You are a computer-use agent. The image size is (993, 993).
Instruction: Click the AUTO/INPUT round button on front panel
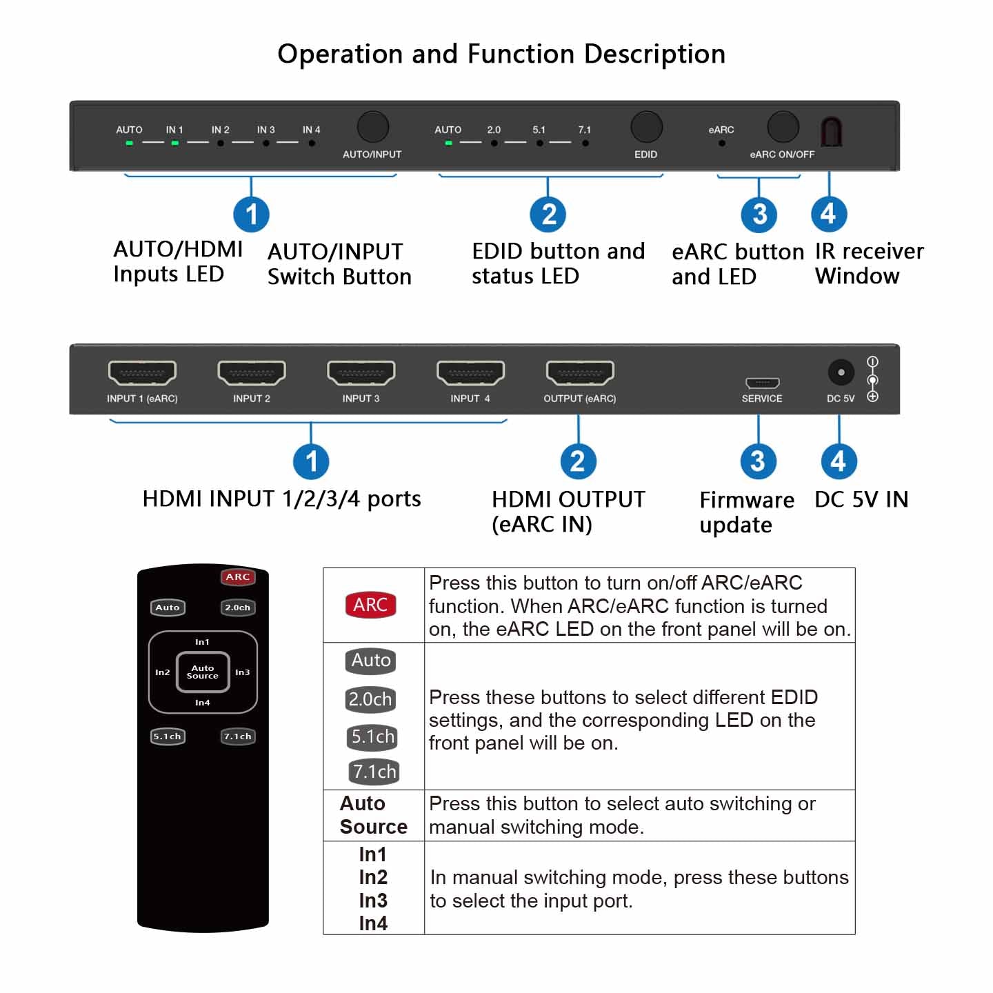tap(372, 128)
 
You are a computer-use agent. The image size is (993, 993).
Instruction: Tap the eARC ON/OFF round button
tap(783, 127)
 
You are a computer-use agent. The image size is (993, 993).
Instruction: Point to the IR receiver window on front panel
tap(831, 131)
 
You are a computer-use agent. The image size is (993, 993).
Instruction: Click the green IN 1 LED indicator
tap(175, 143)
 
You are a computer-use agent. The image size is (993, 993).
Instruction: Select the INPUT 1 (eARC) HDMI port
tap(142, 372)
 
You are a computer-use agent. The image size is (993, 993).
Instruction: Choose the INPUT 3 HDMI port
tap(361, 372)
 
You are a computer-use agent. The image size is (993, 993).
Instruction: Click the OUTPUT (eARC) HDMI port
tap(579, 372)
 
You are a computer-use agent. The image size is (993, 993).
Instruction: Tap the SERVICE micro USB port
tap(762, 383)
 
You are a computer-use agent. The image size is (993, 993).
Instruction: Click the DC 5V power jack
tap(841, 373)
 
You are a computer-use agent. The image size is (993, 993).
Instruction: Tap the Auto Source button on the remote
tap(203, 672)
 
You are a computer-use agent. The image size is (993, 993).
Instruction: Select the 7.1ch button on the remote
tap(238, 736)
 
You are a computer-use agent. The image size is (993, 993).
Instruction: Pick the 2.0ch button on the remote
tap(238, 608)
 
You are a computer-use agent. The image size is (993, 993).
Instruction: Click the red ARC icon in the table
tap(370, 605)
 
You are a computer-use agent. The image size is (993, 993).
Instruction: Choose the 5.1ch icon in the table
tap(372, 736)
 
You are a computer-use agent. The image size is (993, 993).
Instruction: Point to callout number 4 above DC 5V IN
tap(839, 461)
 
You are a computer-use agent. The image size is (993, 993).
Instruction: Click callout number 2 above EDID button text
tap(548, 214)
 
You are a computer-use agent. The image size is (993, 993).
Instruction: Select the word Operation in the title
tap(340, 54)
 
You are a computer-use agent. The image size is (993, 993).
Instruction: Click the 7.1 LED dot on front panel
tap(585, 143)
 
